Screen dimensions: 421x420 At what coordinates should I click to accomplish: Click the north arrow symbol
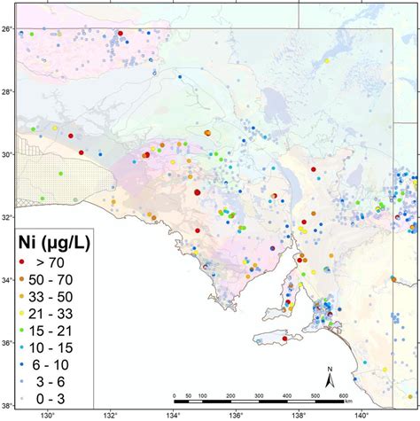coord(329,378)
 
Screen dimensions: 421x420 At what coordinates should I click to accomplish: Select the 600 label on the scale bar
coord(342,396)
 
